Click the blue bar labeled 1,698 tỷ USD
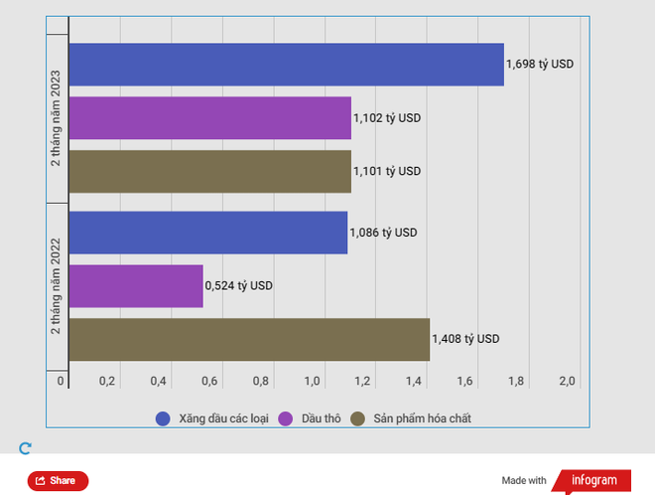[286, 65]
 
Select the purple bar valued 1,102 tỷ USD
[209, 117]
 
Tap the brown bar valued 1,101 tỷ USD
[209, 171]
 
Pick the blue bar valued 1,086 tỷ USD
[207, 233]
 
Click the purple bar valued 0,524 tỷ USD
[136, 285]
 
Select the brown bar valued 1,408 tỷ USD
[249, 339]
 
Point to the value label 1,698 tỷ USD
[540, 65]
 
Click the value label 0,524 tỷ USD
[238, 285]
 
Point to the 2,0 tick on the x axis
[568, 382]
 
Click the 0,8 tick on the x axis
[261, 382]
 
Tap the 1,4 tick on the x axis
[414, 382]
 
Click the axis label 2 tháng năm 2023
[57, 117]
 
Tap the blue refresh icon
[26, 448]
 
